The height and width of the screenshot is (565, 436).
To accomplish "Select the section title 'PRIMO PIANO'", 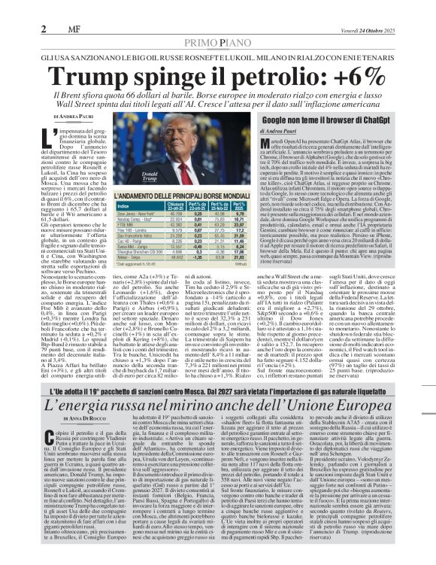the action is [217, 23].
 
